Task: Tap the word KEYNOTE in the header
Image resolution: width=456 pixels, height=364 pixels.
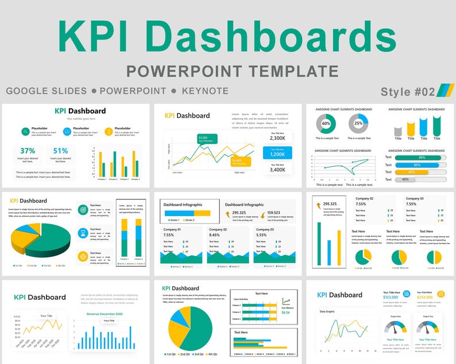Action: tap(205, 91)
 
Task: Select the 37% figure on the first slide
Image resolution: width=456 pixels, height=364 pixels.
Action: tap(28, 151)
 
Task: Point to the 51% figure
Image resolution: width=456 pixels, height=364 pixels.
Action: tap(60, 151)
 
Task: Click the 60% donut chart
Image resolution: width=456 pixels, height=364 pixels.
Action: tap(326, 123)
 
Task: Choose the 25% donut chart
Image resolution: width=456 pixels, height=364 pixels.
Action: tap(358, 123)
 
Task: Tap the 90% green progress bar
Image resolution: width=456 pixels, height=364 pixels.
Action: tap(422, 157)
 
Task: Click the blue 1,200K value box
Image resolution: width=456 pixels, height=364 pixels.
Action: tap(277, 154)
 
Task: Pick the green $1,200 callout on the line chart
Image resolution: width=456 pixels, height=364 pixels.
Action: tap(204, 138)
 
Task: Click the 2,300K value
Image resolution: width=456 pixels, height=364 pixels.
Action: tap(277, 138)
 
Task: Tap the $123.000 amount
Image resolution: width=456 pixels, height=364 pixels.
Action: tap(391, 297)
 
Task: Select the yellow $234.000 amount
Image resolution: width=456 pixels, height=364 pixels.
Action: tap(424, 297)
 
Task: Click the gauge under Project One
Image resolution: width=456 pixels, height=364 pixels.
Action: tap(396, 327)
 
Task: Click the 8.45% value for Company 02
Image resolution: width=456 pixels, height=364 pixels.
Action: tap(214, 235)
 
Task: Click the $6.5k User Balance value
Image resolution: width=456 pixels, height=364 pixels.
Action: tap(285, 312)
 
